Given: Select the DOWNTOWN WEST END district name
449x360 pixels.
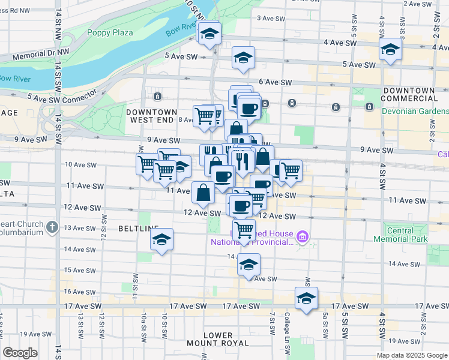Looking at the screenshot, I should click(x=152, y=116).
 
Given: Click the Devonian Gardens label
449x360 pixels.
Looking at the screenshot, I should click(x=415, y=112).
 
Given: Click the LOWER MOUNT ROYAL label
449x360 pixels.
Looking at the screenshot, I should click(x=217, y=339).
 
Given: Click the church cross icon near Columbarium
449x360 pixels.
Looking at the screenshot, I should click(x=52, y=227).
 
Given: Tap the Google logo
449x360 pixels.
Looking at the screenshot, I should click(x=20, y=353).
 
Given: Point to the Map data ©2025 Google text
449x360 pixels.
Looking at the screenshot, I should click(x=411, y=355).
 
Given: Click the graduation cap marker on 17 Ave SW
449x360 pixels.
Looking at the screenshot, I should click(x=306, y=298).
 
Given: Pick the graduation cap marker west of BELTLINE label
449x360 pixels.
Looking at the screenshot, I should click(x=161, y=239).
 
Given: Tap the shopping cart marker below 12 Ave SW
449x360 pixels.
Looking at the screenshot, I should click(x=244, y=229).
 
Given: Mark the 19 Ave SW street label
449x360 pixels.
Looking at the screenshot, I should click(x=33, y=334).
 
